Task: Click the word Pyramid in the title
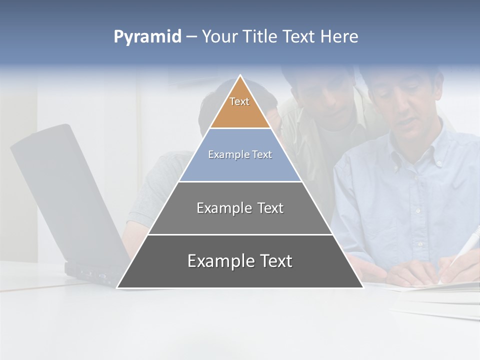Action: [x=147, y=37]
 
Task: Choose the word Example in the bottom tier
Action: [x=220, y=261]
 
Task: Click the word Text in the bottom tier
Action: [x=276, y=261]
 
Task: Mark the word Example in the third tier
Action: [x=223, y=208]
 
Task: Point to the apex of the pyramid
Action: [x=240, y=76]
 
